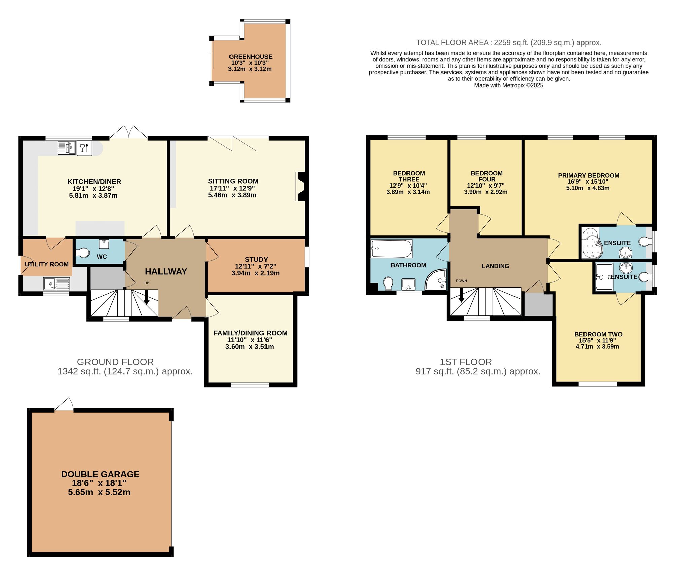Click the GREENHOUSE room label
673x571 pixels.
pos(250,57)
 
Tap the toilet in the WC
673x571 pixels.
pos(82,253)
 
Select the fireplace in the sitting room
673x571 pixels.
pos(300,187)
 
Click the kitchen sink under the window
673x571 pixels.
pos(67,148)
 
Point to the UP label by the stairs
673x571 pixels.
pos(147,283)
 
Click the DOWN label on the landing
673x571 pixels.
pos(461,281)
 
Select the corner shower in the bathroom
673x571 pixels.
pos(437,280)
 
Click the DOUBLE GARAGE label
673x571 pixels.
pos(100,474)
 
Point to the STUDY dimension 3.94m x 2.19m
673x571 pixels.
pos(255,273)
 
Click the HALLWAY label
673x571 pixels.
pos(166,271)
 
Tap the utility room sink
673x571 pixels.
pos(57,283)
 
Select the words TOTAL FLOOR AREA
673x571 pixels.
pos(452,43)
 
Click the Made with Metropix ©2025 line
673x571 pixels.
pos(508,85)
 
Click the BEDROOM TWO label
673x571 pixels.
pos(598,334)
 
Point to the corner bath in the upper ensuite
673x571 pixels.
pos(592,243)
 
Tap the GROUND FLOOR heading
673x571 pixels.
pos(115,362)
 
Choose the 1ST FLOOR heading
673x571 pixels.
pos(466,362)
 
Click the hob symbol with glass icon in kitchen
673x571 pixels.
pos(84,148)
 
